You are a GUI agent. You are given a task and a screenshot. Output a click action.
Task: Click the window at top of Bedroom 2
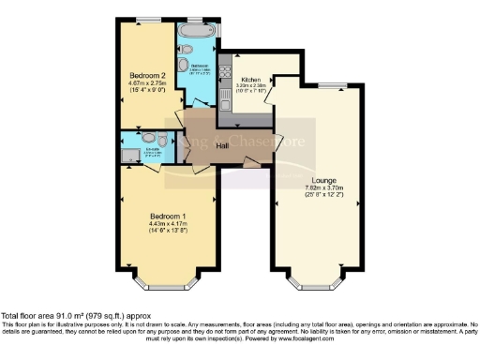click(147, 19)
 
